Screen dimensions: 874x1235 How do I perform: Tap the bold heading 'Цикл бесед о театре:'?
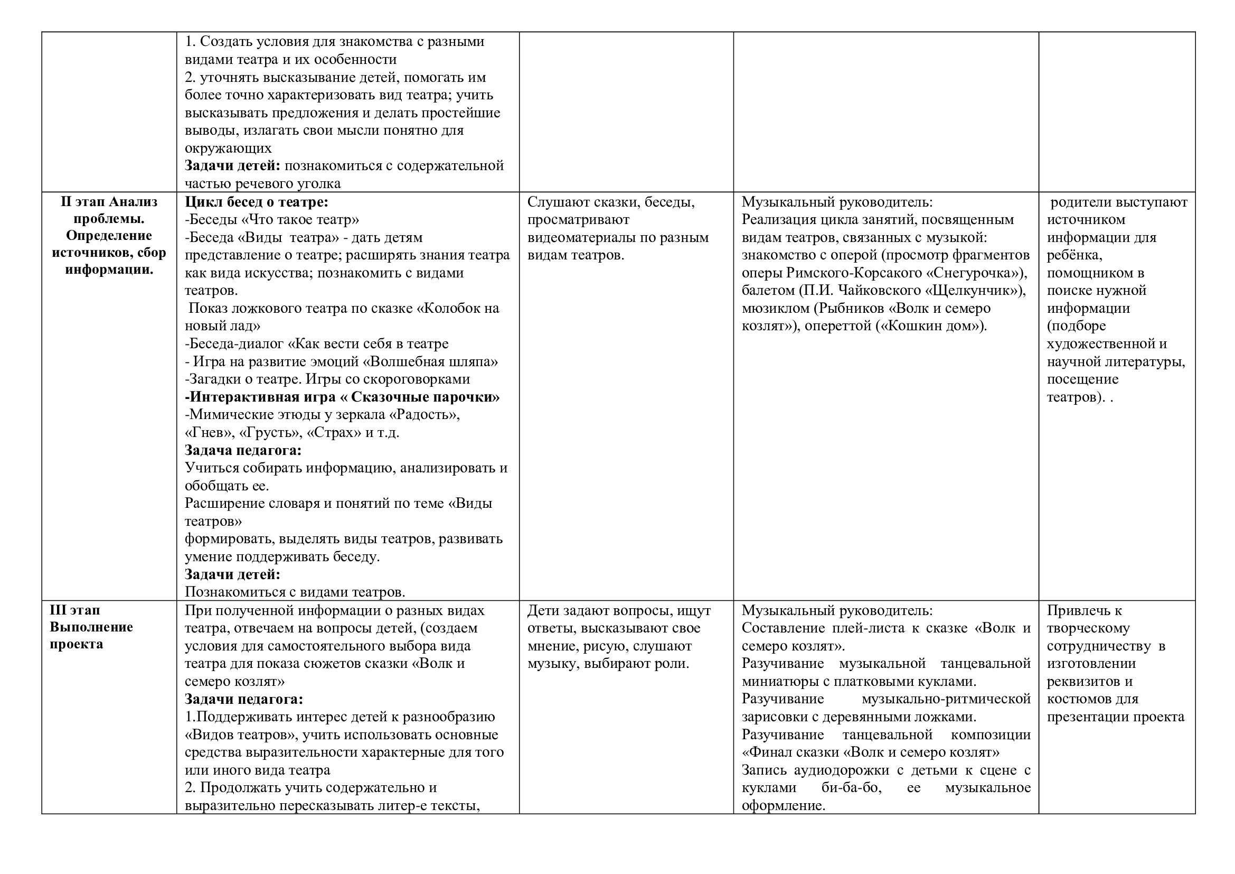pyautogui.click(x=257, y=202)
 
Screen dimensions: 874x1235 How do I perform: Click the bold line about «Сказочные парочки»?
pyautogui.click(x=342, y=397)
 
